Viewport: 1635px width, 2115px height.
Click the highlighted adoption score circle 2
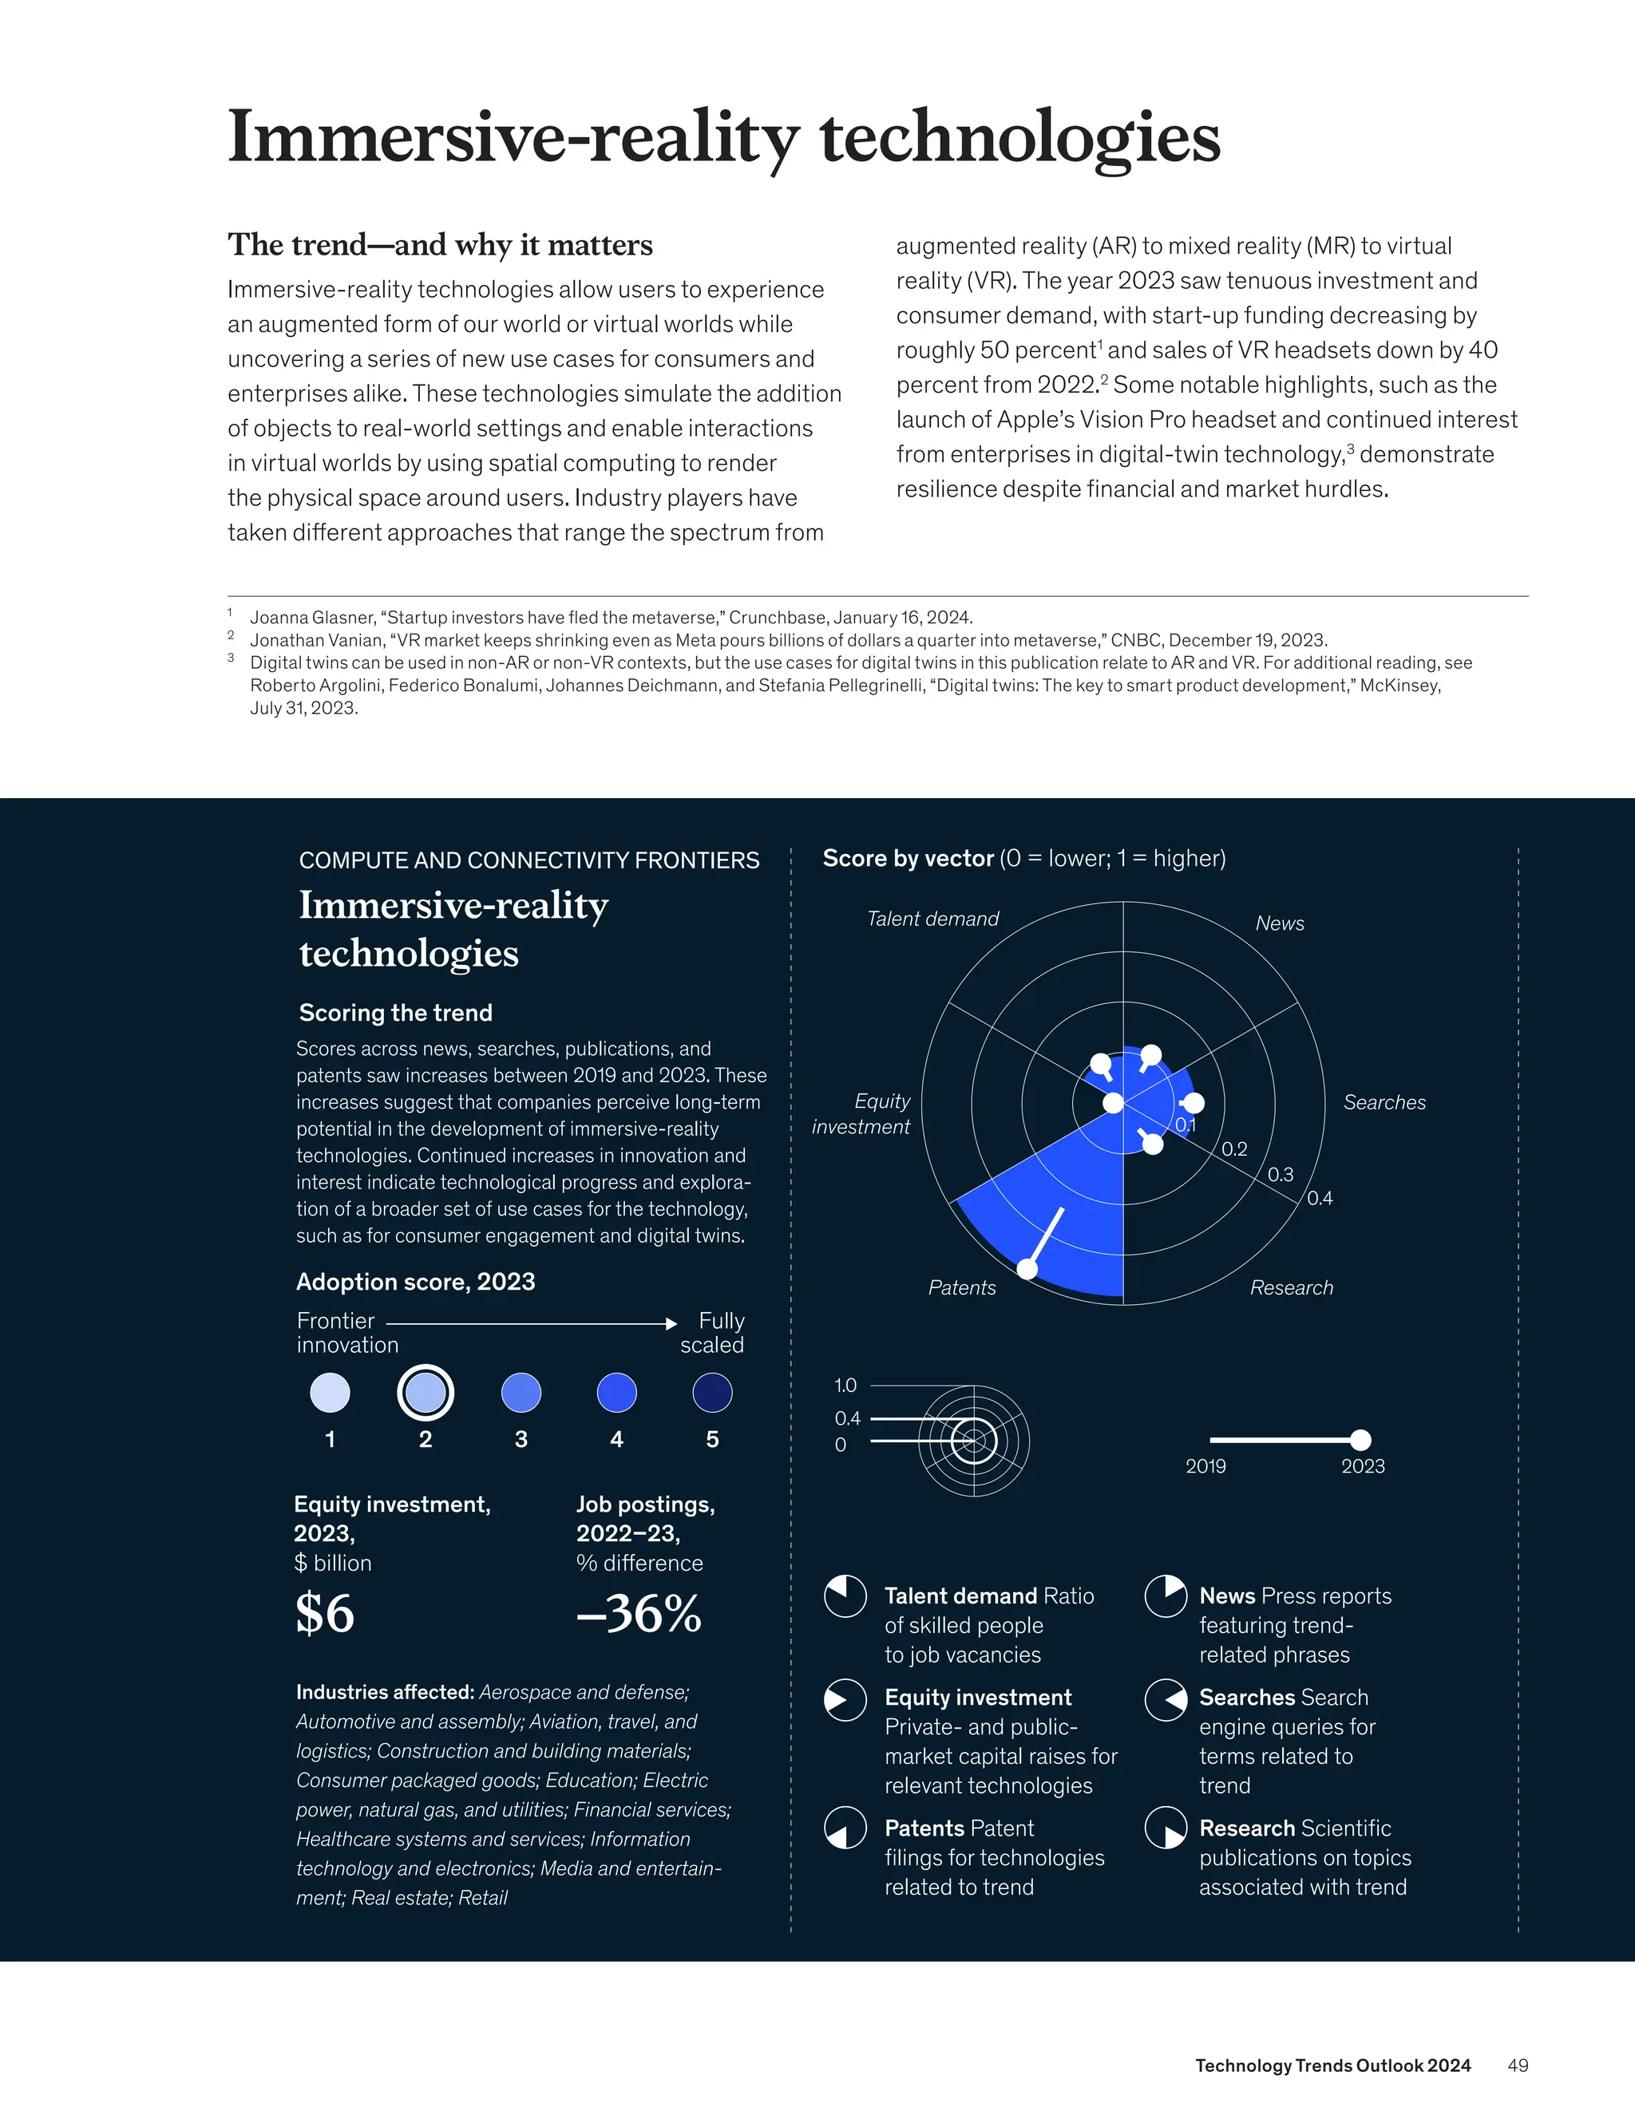coord(426,1393)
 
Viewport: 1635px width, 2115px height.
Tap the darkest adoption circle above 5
coord(713,1393)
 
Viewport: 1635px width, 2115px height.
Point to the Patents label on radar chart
coord(962,1287)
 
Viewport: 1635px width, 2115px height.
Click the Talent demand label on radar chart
coord(932,919)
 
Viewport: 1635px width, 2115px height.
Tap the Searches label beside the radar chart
coord(1384,1102)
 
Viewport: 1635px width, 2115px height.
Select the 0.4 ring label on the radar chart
coord(1319,1198)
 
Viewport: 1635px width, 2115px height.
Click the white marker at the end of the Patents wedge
coord(1028,1269)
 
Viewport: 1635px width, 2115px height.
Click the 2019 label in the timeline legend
coord(1206,1466)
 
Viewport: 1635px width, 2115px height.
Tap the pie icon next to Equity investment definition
coord(845,1699)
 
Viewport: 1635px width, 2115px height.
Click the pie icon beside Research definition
coord(1166,1828)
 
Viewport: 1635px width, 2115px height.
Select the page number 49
coord(1518,2066)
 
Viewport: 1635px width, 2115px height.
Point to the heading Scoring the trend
coord(395,1013)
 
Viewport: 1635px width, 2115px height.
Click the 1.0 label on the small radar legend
coord(845,1386)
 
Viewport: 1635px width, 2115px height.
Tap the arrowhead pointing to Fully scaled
coord(671,1322)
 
